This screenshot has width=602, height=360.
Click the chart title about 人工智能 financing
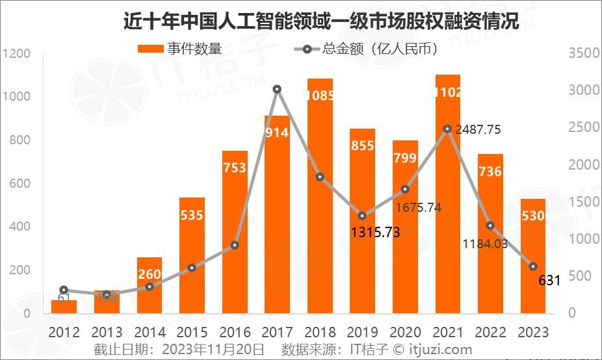(321, 21)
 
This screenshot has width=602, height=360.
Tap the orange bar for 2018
(320, 195)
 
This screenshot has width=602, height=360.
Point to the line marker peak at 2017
(277, 89)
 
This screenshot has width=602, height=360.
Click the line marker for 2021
(447, 129)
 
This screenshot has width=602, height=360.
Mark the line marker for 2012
(64, 290)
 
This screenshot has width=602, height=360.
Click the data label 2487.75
(478, 129)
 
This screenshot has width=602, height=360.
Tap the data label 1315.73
(374, 232)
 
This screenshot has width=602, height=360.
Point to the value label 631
(550, 281)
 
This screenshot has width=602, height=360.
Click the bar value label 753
(234, 168)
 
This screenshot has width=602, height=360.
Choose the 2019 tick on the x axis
(362, 332)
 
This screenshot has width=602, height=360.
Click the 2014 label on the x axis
(149, 332)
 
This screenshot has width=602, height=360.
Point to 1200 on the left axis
(16, 53)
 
